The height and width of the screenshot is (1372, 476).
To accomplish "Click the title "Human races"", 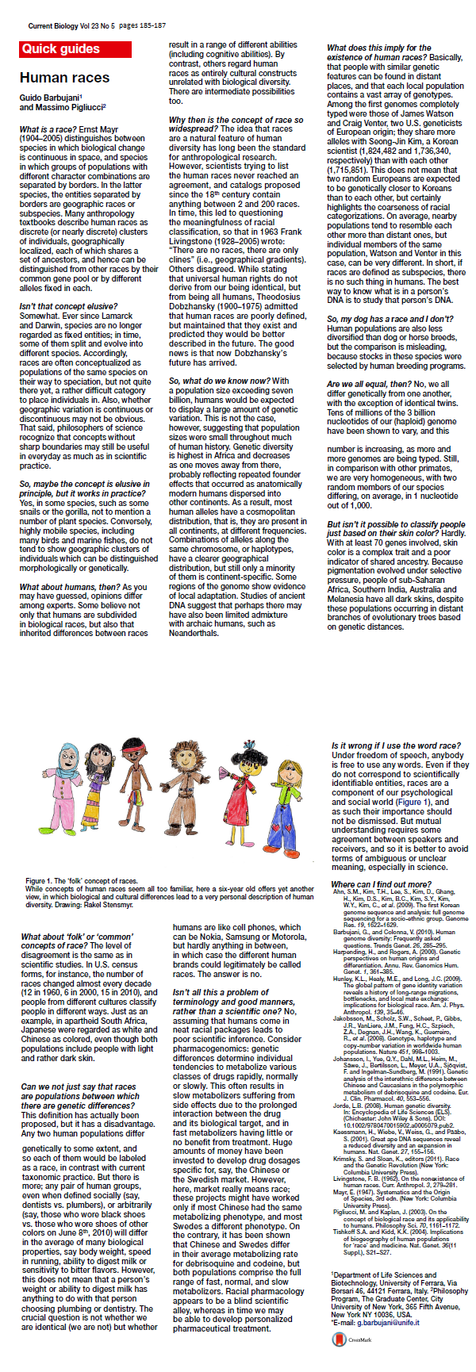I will tap(64, 78).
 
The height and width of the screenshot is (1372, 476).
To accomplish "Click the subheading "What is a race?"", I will tap(47, 129).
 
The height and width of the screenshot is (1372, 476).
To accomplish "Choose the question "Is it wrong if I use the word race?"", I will tap(395, 746).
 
